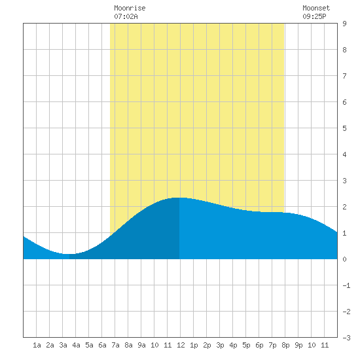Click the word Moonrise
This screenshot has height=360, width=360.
pyautogui.click(x=130, y=8)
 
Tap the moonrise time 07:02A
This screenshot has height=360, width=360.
pyautogui.click(x=126, y=16)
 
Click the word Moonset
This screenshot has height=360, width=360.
pyautogui.click(x=316, y=8)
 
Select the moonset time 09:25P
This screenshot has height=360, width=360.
pyautogui.click(x=314, y=16)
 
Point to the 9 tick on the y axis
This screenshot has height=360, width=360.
pyautogui.click(x=344, y=24)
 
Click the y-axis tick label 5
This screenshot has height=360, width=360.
pyautogui.click(x=344, y=128)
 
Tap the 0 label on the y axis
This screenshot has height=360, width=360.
pyautogui.click(x=344, y=259)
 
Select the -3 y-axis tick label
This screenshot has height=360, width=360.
pyautogui.click(x=346, y=338)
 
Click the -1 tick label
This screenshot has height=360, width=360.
pyautogui.click(x=346, y=285)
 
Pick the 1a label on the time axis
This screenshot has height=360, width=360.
pyautogui.click(x=37, y=345)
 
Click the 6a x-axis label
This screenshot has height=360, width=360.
pyautogui.click(x=102, y=345)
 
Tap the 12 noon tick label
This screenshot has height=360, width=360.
pyautogui.click(x=181, y=345)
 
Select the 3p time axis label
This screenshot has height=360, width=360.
pyautogui.click(x=220, y=345)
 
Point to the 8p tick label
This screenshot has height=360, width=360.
pyautogui.click(x=285, y=345)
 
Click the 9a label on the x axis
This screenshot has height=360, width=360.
pyautogui.click(x=141, y=345)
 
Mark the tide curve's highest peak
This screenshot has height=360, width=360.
pyautogui.click(x=179, y=198)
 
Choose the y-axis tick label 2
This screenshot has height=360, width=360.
pyautogui.click(x=344, y=207)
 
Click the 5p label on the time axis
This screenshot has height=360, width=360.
pyautogui.click(x=246, y=345)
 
